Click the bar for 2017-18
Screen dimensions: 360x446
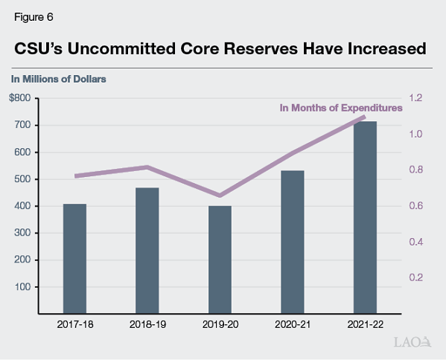coord(74,258)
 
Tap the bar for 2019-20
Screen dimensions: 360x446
coord(220,260)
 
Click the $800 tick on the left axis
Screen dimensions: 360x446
coord(20,98)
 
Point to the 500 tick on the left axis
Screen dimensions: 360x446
coord(22,179)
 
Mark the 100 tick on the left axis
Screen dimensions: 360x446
coord(22,287)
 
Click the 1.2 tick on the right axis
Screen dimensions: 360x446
coord(415,98)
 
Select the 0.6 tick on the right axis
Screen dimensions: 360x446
coord(415,206)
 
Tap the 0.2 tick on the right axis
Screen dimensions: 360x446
coord(415,277)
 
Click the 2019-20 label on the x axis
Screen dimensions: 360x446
coord(220,324)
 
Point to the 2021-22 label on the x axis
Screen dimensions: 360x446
coord(365,324)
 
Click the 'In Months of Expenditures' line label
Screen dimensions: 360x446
coord(340,108)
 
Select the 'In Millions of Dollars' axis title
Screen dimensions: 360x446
coord(57,77)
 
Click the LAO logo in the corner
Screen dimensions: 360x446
coord(412,342)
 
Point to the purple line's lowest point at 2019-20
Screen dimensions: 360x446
coord(220,196)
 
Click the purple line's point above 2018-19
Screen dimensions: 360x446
coord(147,167)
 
